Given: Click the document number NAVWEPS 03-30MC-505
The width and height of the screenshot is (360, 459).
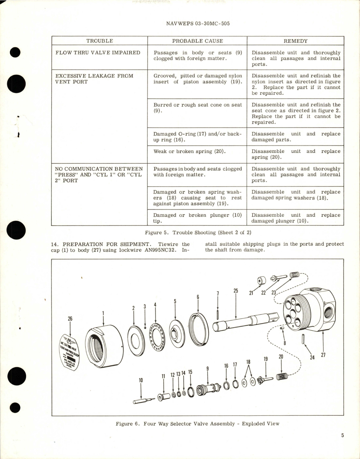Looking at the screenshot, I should click(x=198, y=23).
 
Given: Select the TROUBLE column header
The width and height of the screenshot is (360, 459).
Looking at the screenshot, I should click(x=100, y=41).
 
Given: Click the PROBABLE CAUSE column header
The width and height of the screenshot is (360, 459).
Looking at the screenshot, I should click(x=197, y=41).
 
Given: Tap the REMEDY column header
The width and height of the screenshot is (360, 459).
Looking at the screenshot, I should click(x=295, y=41).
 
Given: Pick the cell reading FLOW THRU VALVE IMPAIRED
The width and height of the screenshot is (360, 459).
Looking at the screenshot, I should click(x=98, y=53).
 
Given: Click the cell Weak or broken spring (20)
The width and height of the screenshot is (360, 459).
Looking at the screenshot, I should click(x=189, y=151).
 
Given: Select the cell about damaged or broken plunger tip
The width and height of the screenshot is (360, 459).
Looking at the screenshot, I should click(x=197, y=218).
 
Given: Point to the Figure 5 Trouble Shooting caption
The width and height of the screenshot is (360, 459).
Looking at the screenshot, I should click(x=198, y=232).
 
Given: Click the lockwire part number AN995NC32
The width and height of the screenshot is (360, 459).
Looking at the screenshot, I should click(x=163, y=250).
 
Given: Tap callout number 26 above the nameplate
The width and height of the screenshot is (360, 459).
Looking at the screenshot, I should click(x=70, y=319).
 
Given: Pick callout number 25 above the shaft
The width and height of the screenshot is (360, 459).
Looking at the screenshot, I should click(x=236, y=291).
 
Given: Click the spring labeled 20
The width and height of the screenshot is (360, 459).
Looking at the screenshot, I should click(x=282, y=377).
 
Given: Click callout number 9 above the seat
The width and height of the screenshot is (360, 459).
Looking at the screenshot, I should click(x=207, y=369).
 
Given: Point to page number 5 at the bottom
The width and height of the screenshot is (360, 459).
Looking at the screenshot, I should click(x=342, y=435).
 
